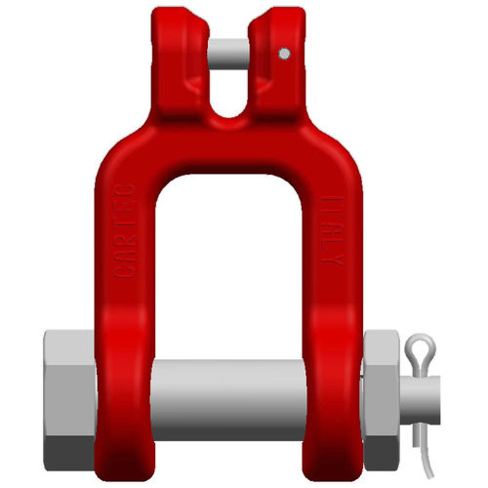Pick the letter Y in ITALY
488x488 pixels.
pyautogui.click(x=335, y=264)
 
